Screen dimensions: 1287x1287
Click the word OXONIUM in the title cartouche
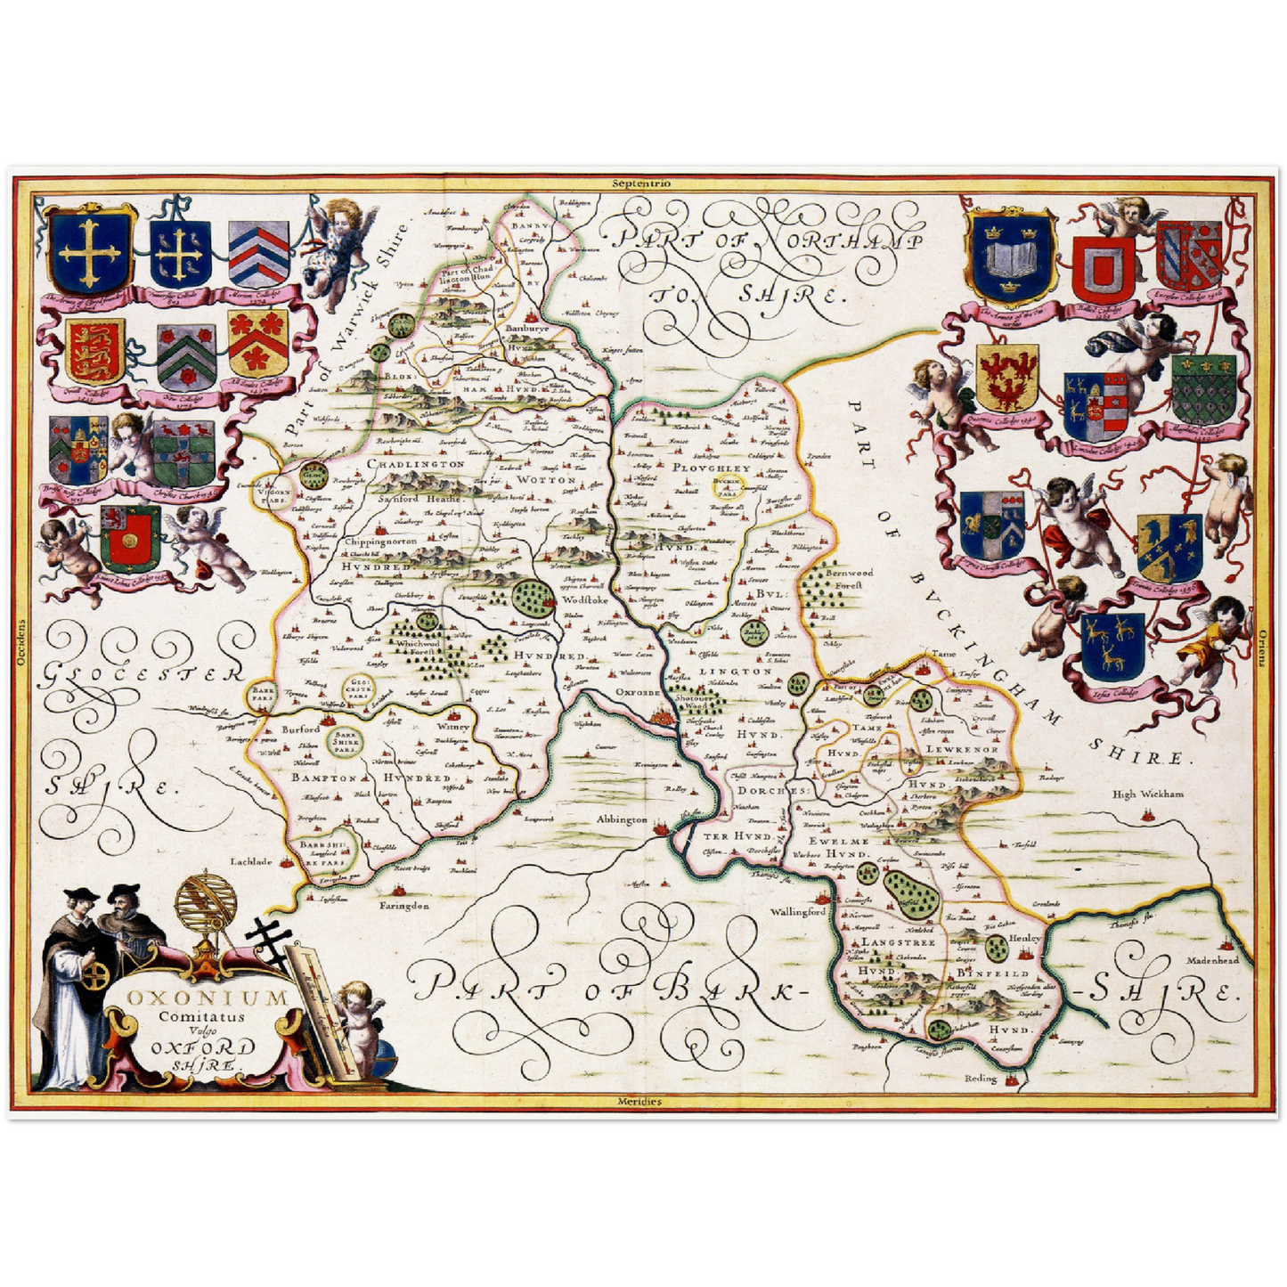point(207,997)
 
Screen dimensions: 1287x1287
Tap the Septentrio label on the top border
point(642,183)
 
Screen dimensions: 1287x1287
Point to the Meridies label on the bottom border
point(639,1102)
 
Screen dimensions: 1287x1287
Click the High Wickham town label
point(1148,794)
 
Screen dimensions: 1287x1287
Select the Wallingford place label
point(799,913)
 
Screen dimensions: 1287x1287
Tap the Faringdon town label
point(405,906)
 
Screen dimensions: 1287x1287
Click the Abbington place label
point(622,819)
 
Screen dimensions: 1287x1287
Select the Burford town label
point(300,729)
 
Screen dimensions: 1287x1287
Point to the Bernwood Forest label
point(848,580)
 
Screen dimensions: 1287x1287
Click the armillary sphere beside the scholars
point(202,908)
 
